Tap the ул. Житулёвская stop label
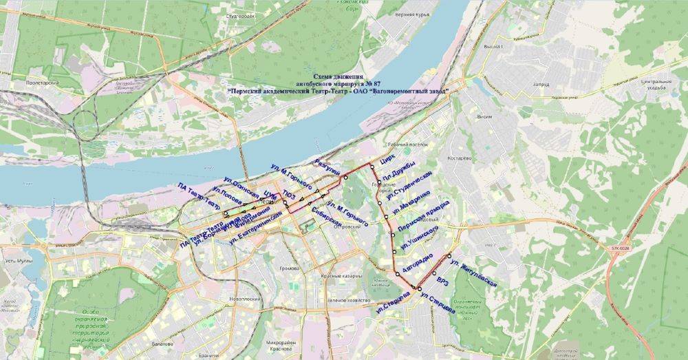472,273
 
